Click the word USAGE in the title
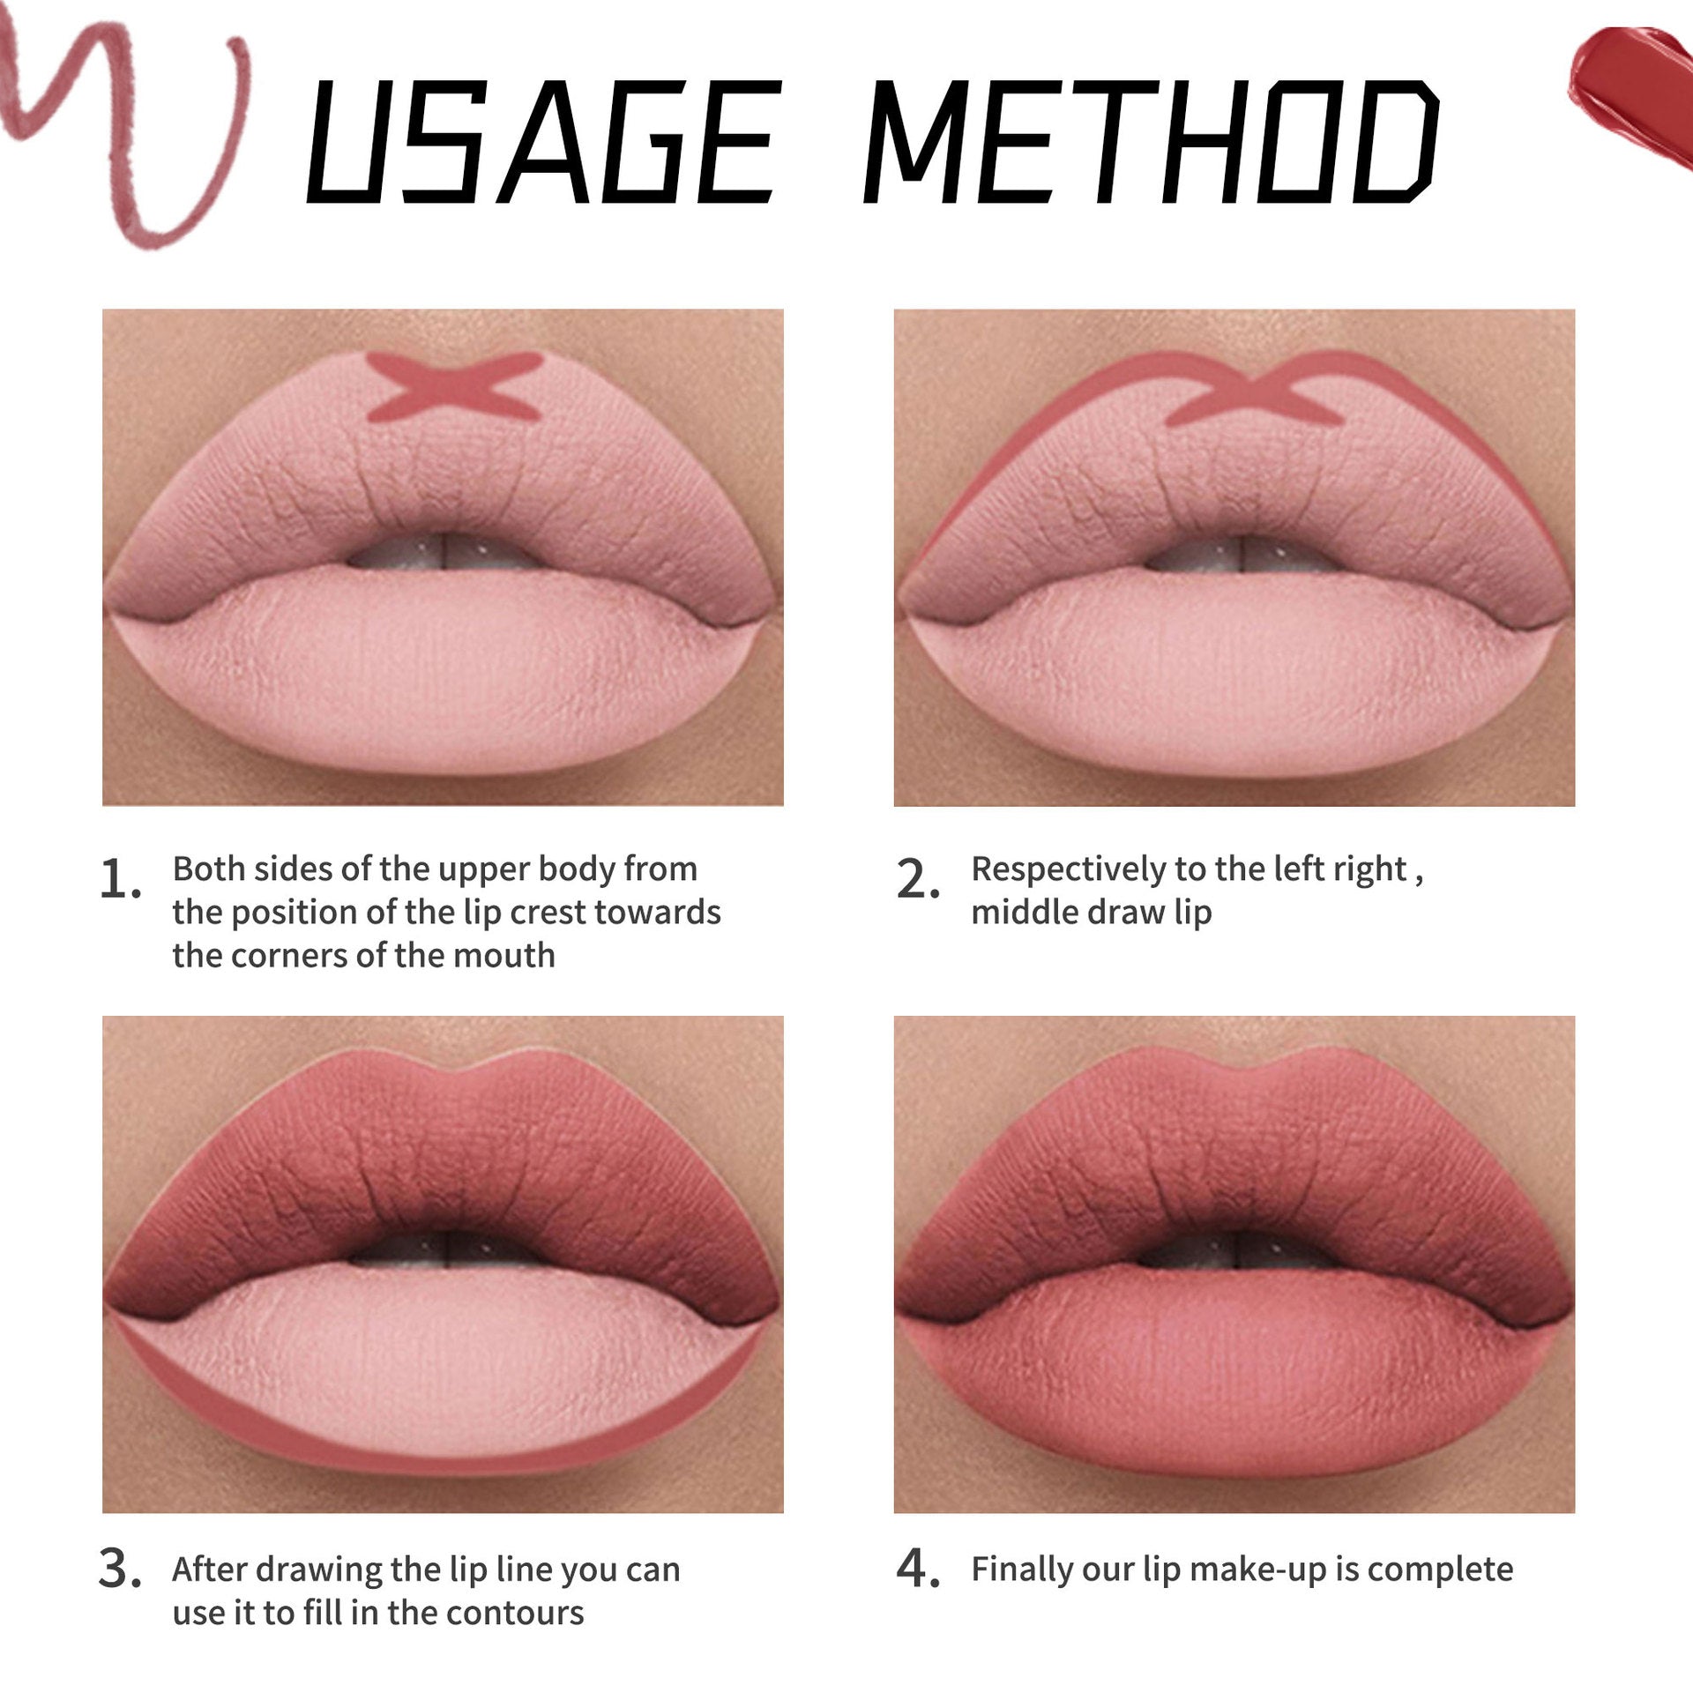[x=541, y=141]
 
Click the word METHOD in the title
[x=1151, y=141]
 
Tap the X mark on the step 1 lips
[x=452, y=385]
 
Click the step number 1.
[x=118, y=880]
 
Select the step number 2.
[x=917, y=880]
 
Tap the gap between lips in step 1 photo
[x=441, y=554]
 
